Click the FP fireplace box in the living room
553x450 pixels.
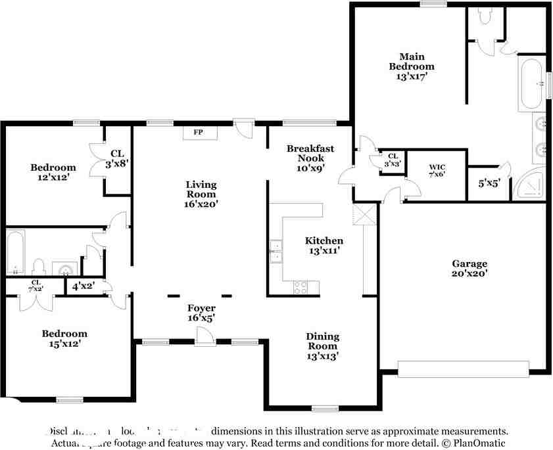click(x=197, y=133)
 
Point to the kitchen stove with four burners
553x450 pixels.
click(x=300, y=286)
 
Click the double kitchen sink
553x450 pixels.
click(x=276, y=252)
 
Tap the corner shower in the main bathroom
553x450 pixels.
click(x=531, y=185)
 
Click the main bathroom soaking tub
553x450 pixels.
click(x=531, y=84)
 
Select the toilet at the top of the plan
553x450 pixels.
click(x=485, y=16)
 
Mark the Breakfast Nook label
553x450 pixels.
click(x=310, y=153)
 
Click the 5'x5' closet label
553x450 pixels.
click(x=489, y=184)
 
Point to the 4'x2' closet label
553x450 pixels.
click(x=84, y=286)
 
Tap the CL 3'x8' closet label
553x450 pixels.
click(x=118, y=158)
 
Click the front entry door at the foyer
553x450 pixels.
click(x=204, y=337)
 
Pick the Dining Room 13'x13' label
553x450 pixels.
click(x=322, y=346)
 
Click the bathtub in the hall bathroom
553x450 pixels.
click(x=16, y=252)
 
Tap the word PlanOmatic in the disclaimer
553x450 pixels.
click(x=480, y=443)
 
